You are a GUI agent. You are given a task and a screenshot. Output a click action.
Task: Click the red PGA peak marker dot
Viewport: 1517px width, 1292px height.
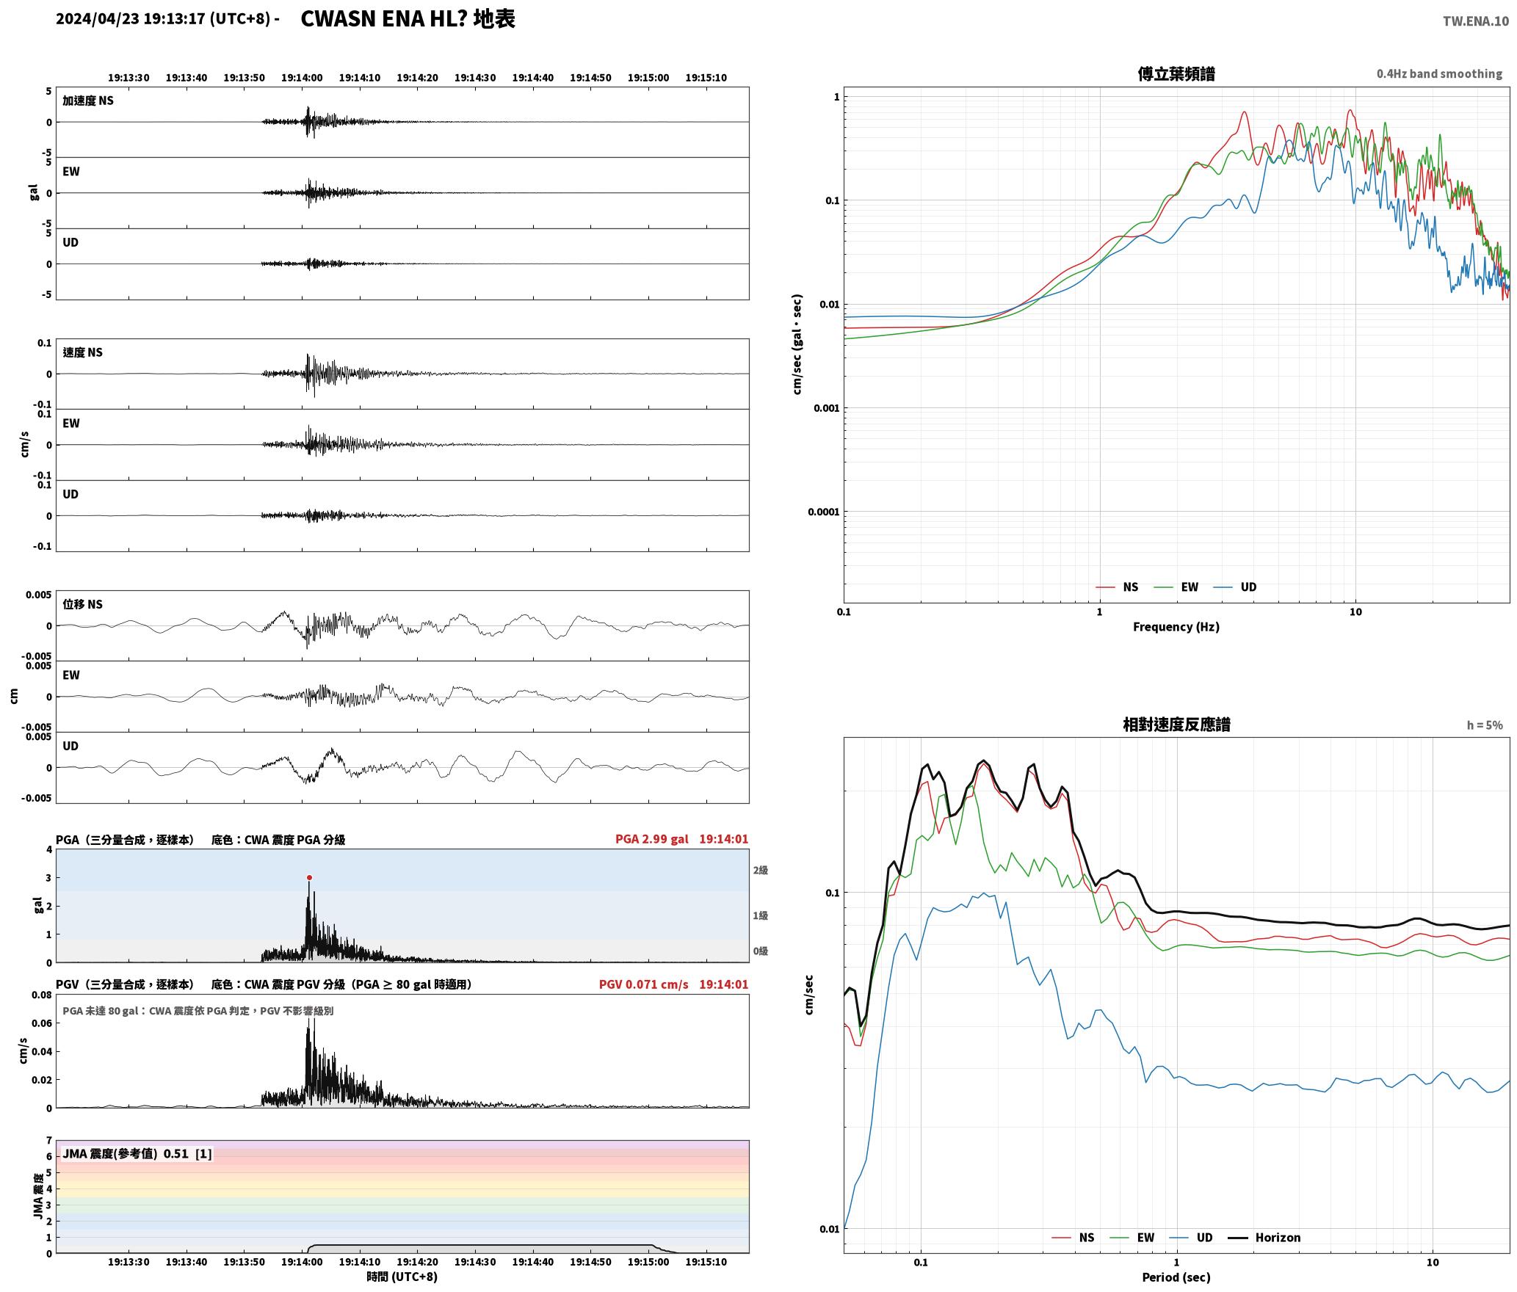pos(309,877)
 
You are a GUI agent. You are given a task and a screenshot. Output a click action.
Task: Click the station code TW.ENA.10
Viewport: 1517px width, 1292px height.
pos(1476,21)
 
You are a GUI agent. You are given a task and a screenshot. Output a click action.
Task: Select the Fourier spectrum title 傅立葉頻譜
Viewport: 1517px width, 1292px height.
pos(1176,73)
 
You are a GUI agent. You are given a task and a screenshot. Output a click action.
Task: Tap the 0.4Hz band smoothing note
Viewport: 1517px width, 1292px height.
pos(1439,74)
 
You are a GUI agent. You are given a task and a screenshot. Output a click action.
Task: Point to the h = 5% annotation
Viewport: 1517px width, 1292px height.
pos(1485,725)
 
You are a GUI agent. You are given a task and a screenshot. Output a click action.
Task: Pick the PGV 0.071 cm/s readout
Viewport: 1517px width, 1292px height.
pos(644,984)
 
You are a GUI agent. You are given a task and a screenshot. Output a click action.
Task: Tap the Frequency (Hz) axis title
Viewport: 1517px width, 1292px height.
pos(1176,627)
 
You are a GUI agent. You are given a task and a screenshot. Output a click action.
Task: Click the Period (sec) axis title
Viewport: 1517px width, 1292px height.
pos(1176,1277)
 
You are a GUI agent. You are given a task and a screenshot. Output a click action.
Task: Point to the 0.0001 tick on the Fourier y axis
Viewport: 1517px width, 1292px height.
pos(822,512)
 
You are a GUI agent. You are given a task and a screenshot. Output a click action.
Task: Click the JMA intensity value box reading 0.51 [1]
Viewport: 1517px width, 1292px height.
pos(137,1153)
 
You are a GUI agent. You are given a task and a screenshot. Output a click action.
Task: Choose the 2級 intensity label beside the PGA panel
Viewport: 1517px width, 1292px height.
pos(760,870)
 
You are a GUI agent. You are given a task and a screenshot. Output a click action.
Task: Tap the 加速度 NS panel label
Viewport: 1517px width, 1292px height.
pos(88,101)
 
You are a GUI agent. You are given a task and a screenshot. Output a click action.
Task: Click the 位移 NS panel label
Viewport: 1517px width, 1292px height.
pos(82,604)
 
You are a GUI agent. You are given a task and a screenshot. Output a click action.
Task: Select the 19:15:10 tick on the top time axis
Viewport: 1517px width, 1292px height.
pos(706,77)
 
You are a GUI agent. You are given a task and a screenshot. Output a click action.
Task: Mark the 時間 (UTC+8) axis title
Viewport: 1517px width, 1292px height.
pos(402,1277)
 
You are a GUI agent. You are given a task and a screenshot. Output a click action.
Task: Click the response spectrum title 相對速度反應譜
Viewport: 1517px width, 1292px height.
pos(1176,725)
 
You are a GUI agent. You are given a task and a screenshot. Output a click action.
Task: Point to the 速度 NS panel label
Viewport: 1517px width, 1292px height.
pos(82,352)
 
